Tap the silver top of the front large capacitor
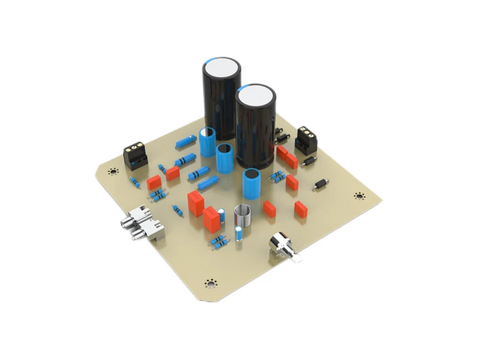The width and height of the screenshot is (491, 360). point(256,96)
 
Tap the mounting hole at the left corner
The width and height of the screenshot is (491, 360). point(113,172)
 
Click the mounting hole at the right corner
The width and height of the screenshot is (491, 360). point(359,196)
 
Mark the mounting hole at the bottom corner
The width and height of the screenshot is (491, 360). point(210,283)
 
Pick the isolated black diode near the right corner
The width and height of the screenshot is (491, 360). point(321,185)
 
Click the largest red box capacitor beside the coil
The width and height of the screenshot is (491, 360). point(212,219)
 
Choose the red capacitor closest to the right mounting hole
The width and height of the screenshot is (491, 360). point(300,209)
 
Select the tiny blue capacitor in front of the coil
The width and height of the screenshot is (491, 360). point(238,234)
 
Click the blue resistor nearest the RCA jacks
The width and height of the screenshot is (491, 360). point(177,211)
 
